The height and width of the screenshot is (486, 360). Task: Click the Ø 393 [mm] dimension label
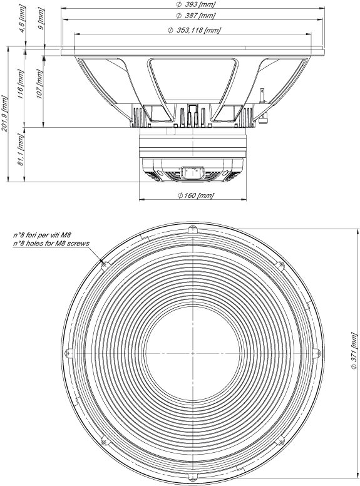195,4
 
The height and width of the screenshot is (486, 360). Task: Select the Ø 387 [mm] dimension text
195,15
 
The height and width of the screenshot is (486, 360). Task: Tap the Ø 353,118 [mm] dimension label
194,30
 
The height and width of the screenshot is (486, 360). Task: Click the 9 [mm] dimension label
41,19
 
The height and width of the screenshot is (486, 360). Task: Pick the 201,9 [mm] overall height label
5,114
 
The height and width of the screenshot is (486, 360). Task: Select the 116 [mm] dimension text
20,85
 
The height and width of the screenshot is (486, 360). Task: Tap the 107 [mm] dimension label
39,85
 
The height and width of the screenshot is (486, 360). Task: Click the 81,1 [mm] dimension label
20,150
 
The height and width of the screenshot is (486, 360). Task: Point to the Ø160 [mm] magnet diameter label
195,195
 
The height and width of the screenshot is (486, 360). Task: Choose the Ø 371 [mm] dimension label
354,350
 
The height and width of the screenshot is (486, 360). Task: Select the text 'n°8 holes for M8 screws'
51,243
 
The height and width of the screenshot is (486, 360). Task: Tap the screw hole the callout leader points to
106,265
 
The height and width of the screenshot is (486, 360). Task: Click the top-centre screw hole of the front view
192,230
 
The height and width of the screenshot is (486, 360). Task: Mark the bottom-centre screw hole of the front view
192,476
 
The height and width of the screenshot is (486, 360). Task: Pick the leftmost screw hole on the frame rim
68,353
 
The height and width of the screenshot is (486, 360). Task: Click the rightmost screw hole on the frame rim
316,353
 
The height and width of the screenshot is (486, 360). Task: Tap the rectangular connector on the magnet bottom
192,172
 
